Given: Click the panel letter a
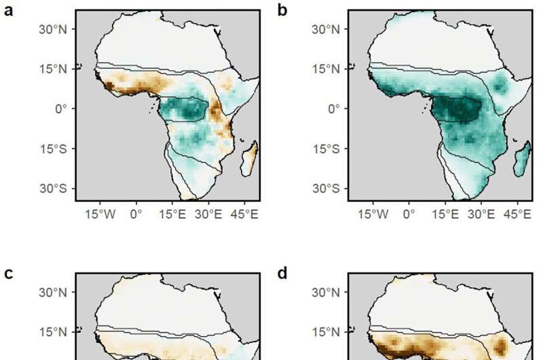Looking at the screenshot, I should coord(10,12).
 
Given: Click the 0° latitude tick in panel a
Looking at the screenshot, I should coord(61,109).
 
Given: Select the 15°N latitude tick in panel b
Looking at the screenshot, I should coord(330,69).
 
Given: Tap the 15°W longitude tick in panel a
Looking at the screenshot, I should coord(108,214).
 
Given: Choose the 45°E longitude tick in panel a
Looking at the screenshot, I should coord(246,214).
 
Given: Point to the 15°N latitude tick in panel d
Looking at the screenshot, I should coord(330,333).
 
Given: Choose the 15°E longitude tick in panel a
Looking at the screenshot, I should coord(174,214).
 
